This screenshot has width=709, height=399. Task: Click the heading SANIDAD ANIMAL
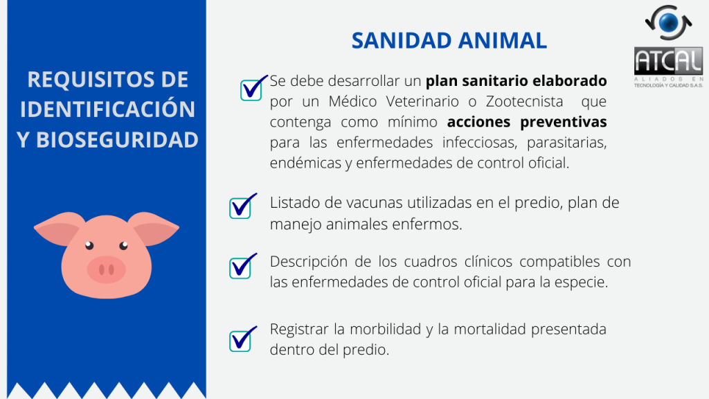[449, 41]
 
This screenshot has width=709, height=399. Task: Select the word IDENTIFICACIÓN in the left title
[107, 109]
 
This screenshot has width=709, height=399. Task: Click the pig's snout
[106, 269]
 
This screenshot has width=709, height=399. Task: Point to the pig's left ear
[58, 227]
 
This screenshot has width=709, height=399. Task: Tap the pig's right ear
[154, 227]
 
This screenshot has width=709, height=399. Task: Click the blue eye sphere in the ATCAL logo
[669, 23]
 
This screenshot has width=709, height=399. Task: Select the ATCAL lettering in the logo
[668, 61]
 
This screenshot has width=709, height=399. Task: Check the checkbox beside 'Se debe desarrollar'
[251, 89]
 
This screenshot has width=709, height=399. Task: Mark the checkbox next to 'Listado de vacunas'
[240, 208]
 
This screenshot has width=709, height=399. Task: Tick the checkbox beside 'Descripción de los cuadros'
[240, 268]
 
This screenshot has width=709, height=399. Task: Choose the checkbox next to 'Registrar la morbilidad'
[240, 341]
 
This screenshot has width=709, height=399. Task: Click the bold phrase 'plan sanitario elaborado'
[516, 81]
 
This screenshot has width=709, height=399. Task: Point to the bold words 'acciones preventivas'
[527, 122]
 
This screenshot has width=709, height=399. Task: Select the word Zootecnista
[525, 101]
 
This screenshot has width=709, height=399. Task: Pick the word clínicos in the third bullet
[487, 261]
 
